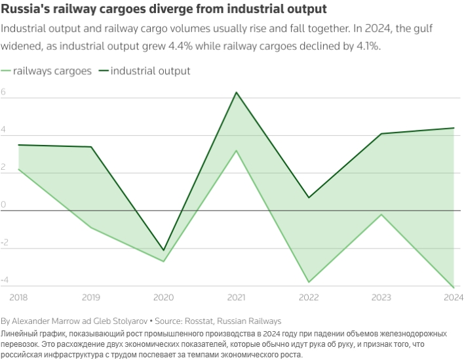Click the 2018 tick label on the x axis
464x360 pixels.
click(20, 298)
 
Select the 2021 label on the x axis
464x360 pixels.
click(237, 298)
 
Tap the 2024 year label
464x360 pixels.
click(453, 298)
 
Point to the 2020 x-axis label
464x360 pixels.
click(164, 298)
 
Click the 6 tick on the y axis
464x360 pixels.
click(4, 92)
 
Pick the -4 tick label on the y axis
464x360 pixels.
click(5, 281)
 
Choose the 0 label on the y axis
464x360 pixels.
click(4, 205)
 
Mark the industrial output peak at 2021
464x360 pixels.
click(237, 92)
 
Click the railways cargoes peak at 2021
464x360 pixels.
click(237, 151)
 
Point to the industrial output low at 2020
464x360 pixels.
click(164, 250)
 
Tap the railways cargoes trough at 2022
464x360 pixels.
click(309, 282)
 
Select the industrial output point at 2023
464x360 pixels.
click(381, 134)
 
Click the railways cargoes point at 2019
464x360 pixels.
click(91, 228)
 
